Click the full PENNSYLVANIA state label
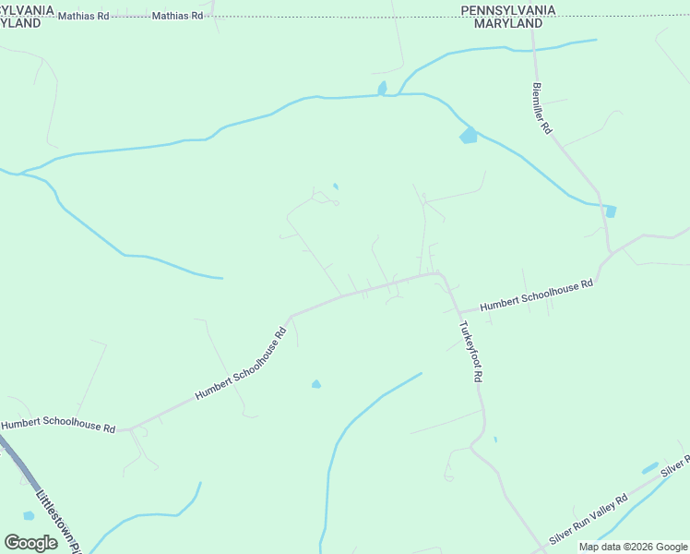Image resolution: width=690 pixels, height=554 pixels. pos(508,10)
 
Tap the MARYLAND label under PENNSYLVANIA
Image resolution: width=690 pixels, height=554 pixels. pos(508,23)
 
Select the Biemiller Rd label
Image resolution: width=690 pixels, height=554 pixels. pos(541,109)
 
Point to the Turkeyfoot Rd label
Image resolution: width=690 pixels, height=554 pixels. pos(470,353)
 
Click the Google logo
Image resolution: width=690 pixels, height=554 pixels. pos(30,543)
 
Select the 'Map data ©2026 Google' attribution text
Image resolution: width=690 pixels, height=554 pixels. pos(633,547)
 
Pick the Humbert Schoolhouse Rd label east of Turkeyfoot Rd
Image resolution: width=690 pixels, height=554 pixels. pos(536,295)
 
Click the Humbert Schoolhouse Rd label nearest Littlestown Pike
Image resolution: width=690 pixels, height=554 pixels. pos(58,427)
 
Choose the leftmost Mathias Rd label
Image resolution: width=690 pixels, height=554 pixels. pos(82,17)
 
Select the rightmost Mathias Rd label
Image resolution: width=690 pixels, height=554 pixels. pos(177,17)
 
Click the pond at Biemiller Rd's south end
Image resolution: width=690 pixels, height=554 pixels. pos(611,211)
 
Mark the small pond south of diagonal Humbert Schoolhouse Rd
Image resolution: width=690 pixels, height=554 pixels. pos(316,384)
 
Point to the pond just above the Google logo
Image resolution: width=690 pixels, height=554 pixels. pos(29,516)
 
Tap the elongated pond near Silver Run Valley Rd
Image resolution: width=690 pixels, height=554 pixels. pos(650,468)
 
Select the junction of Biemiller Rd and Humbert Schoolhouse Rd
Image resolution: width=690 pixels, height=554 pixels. pos(609,253)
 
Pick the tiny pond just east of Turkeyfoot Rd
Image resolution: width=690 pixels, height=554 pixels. pos(495,440)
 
